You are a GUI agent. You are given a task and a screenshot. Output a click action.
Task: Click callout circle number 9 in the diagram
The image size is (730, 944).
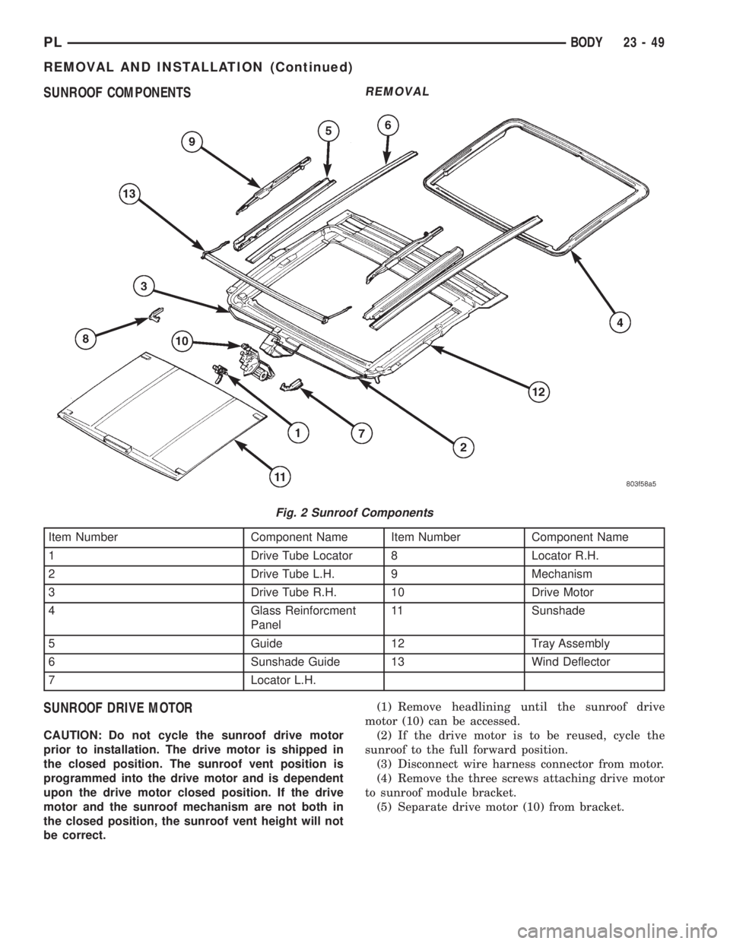192,141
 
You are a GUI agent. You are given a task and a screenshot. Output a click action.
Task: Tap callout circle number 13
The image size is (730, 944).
129,194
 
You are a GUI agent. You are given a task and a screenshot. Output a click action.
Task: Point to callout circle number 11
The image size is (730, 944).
279,477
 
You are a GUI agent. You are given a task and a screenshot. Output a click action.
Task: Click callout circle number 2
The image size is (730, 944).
463,448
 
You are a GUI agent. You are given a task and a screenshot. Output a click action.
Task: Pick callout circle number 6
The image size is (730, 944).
388,125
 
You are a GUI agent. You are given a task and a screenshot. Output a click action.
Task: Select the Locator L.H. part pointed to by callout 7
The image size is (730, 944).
291,385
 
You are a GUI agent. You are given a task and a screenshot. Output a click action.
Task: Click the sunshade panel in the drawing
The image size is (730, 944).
162,412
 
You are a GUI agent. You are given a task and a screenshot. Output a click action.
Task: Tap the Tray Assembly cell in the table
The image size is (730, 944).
570,643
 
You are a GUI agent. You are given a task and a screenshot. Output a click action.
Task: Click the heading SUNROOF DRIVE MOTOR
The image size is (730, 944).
118,709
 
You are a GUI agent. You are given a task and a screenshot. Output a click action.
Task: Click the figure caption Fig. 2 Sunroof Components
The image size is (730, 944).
354,513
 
